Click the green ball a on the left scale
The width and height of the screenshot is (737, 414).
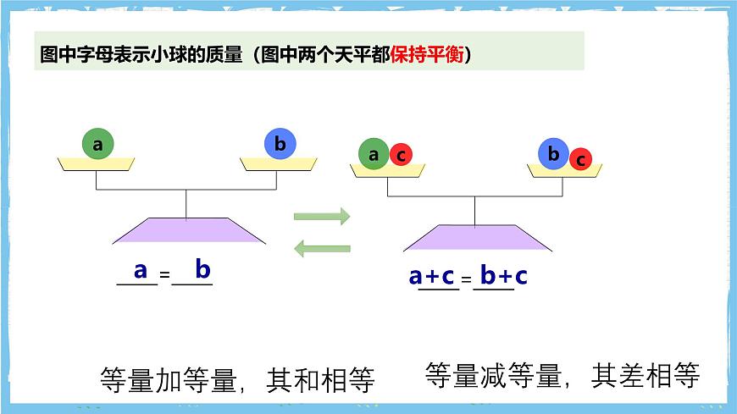click(97, 144)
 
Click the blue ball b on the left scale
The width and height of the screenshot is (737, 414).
click(280, 144)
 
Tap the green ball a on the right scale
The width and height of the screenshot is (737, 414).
click(374, 154)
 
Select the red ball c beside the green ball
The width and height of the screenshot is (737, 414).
click(401, 155)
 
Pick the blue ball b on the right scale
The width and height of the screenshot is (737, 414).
click(553, 154)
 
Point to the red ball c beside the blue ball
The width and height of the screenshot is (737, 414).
click(580, 158)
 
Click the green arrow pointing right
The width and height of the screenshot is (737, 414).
click(322, 216)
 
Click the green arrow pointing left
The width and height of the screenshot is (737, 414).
click(322, 248)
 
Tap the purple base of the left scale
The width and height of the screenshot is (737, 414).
click(187, 229)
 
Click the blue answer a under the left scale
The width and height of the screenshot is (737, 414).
click(141, 270)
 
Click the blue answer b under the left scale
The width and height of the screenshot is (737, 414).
click(202, 270)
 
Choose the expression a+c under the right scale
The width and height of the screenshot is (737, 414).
click(432, 276)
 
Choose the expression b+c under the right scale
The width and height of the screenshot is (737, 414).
click(503, 276)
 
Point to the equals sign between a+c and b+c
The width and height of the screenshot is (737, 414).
click(466, 278)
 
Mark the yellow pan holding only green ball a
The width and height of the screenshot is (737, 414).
click(97, 163)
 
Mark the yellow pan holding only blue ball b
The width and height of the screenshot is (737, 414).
click(280, 163)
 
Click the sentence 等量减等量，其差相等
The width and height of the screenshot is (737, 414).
click(562, 375)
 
